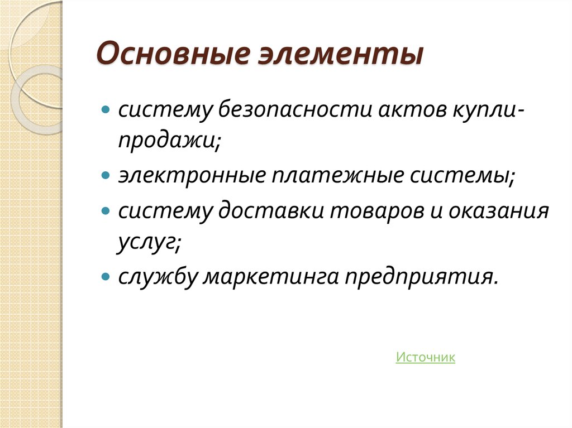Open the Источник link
[425, 357]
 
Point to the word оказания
[500, 211]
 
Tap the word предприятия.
[420, 277]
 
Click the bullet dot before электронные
[106, 176]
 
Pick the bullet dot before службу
[106, 276]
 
